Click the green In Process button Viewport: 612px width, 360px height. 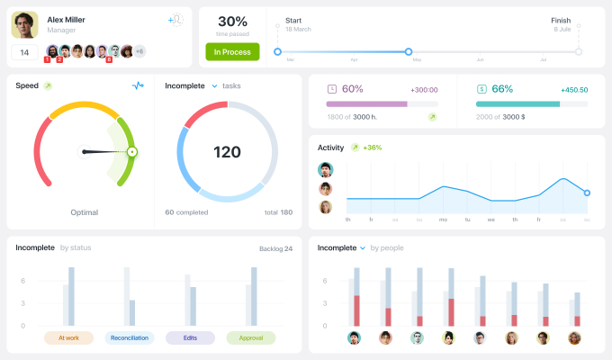click(232, 51)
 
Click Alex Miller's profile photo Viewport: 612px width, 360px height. click(24, 24)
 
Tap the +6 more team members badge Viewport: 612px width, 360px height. click(139, 51)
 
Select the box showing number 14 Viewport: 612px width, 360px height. click(24, 52)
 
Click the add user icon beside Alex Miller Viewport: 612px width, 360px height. click(176, 19)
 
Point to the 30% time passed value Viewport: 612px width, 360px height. click(232, 21)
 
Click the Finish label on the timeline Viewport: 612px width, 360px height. click(561, 20)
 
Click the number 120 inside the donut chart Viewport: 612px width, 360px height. click(227, 151)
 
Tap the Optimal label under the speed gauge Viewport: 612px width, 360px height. click(85, 212)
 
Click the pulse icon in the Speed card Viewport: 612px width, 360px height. click(138, 85)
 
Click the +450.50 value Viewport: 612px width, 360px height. click(573, 90)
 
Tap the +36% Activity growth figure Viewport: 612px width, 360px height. click(373, 148)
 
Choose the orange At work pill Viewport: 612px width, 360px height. click(68, 337)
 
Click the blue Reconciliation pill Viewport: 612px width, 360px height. click(130, 337)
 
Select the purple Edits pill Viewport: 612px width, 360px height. click(190, 337)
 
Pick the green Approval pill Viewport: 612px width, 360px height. click(251, 337)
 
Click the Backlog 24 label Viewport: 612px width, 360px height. click(274, 247)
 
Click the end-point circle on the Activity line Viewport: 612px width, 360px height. click(587, 193)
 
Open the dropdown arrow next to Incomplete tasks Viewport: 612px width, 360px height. click(214, 85)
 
